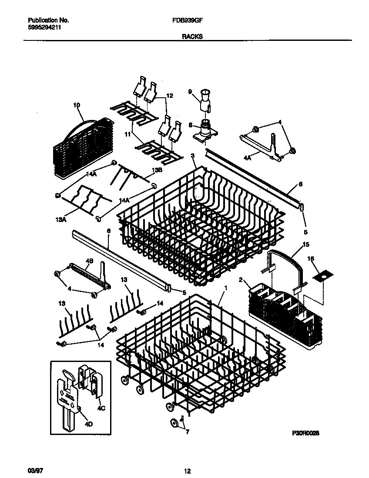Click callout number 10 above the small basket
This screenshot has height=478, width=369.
(77, 105)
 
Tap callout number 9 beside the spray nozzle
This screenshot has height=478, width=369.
(190, 91)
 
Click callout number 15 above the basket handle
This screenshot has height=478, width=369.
(306, 244)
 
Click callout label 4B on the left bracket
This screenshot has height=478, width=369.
(89, 261)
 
